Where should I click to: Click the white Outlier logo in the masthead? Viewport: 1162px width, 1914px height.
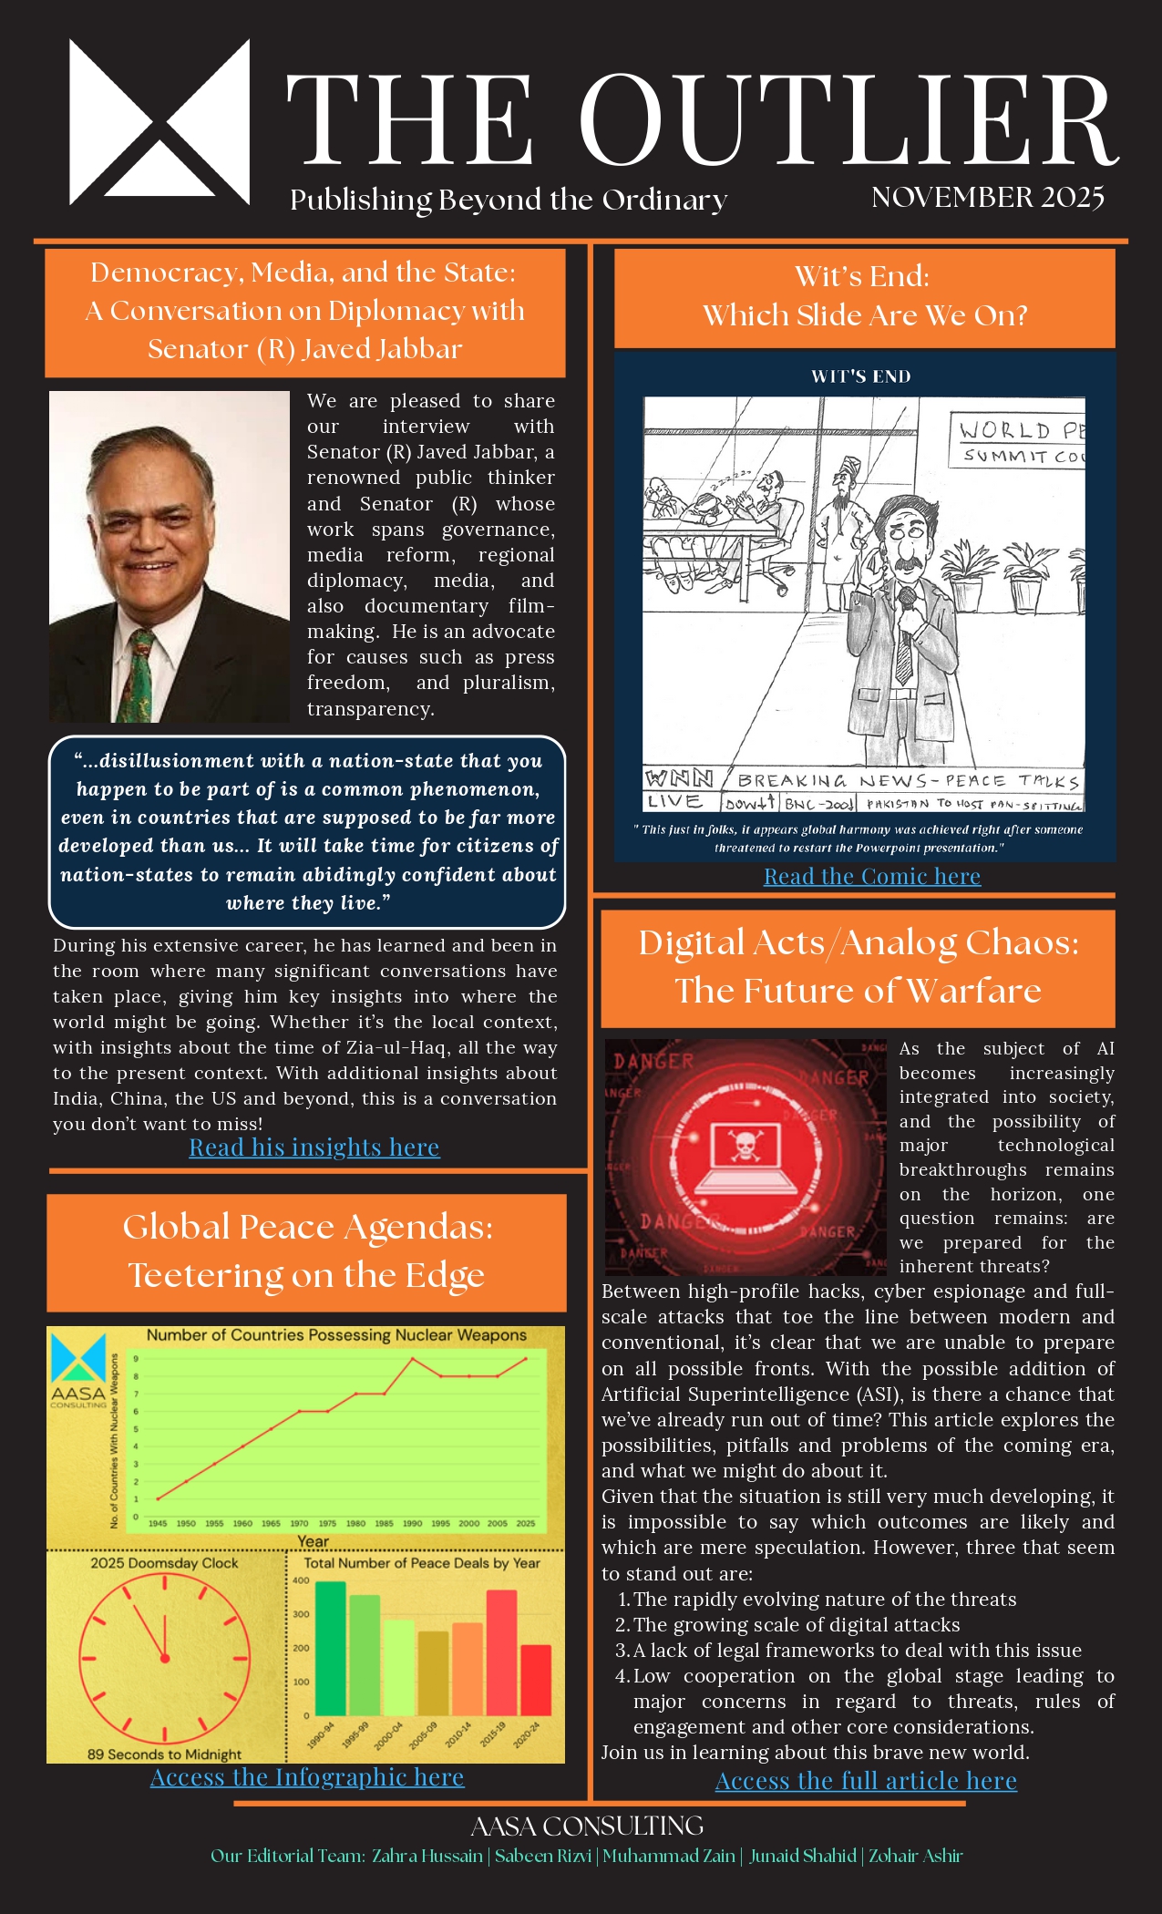159,121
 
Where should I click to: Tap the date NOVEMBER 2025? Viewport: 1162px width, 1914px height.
987,198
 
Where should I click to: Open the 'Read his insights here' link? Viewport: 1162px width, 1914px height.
314,1147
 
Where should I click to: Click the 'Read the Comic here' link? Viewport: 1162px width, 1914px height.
872,876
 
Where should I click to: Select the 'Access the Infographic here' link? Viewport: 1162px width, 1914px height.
307,1776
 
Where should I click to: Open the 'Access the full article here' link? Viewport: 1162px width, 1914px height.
866,1780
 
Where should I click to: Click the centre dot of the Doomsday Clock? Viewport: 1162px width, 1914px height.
165,1658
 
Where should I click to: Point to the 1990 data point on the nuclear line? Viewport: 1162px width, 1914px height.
413,1359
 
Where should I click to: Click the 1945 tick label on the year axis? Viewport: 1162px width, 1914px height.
158,1523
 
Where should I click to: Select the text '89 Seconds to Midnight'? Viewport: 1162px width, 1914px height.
164,1754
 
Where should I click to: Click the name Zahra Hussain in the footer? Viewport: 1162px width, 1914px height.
427,1856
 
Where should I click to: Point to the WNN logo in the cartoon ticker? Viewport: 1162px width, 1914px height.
680,778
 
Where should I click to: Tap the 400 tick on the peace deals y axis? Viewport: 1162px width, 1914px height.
301,1580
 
